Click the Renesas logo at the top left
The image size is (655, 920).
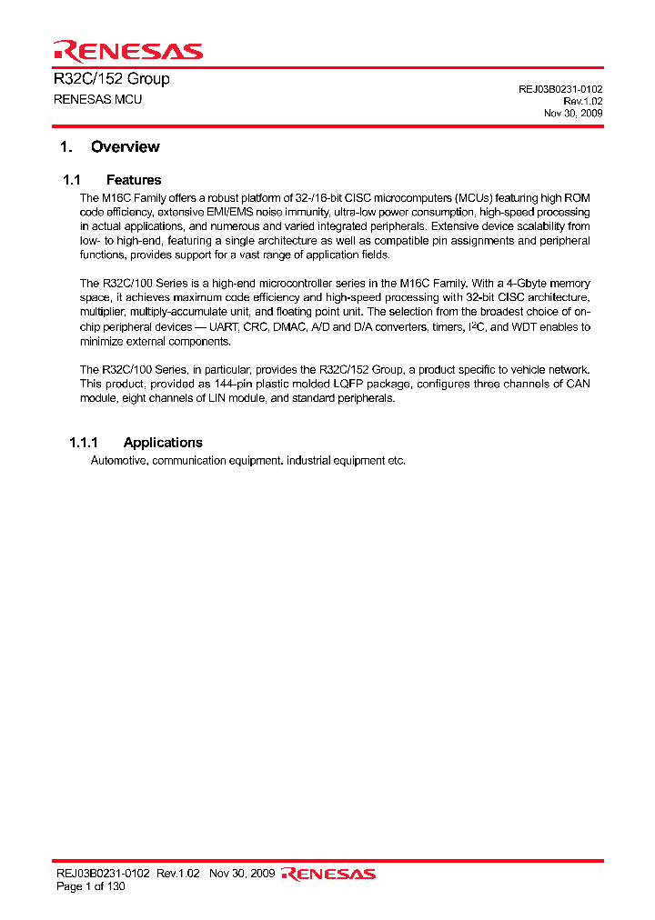127,51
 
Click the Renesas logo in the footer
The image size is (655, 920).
328,875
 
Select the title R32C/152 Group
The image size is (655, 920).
112,79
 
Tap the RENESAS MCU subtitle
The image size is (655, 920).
98,99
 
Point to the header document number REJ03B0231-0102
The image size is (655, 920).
560,89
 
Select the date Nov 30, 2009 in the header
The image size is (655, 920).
573,114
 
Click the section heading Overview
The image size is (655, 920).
125,147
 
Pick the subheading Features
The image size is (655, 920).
134,180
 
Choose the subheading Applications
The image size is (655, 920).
163,443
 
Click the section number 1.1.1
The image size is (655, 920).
83,443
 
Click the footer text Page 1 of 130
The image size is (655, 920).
91,886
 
